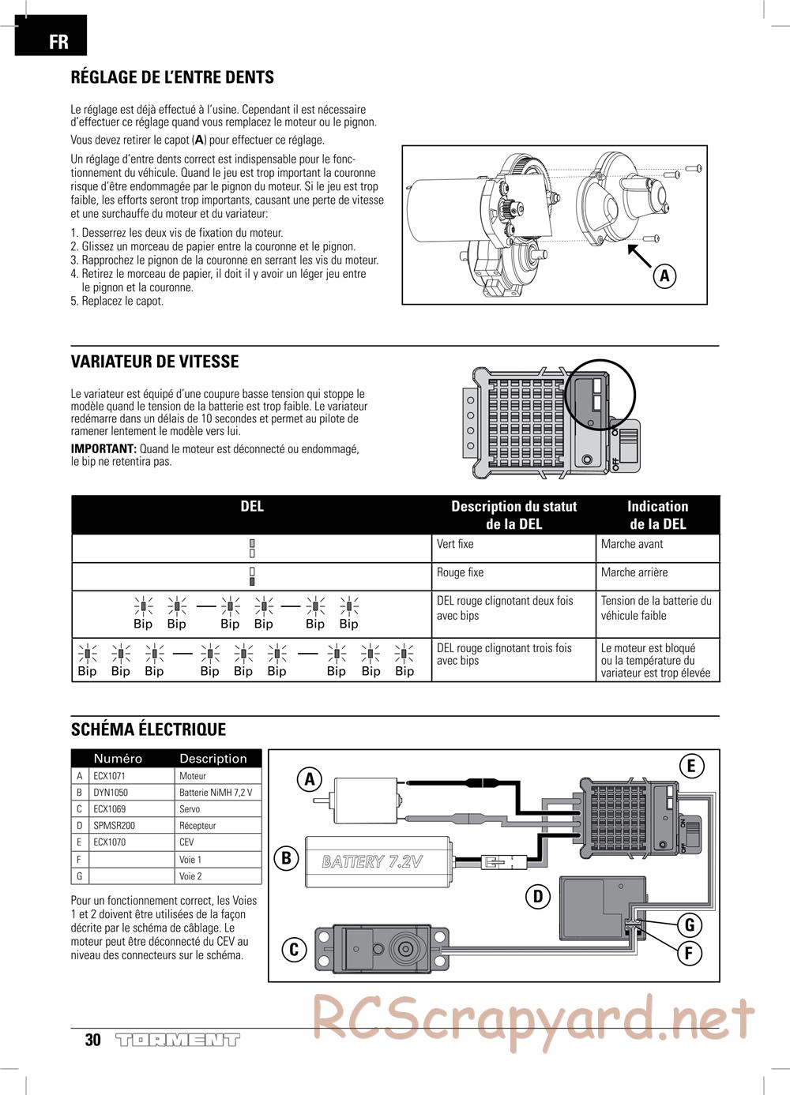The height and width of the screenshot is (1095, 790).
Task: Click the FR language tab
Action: click(51, 40)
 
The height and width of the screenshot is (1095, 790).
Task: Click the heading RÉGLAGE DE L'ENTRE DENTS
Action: click(172, 77)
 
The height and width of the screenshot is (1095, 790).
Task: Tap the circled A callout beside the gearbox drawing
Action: click(665, 276)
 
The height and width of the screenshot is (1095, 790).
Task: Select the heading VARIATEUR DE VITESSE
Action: click(155, 362)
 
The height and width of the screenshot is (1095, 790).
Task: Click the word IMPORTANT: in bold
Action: click(103, 449)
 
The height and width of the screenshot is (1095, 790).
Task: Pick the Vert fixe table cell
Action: click(455, 544)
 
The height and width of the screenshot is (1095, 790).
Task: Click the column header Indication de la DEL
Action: click(657, 515)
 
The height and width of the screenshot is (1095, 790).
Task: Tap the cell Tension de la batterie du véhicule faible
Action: click(656, 608)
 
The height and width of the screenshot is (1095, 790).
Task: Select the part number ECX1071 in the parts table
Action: click(110, 776)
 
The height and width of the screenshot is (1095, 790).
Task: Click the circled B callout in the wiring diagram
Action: click(287, 857)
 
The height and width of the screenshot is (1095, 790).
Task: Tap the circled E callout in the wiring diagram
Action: click(690, 765)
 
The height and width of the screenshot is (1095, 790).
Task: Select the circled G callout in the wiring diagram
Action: click(689, 925)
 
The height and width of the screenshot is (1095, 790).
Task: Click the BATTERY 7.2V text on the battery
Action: click(372, 861)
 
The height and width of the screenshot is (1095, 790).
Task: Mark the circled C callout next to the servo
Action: click(294, 949)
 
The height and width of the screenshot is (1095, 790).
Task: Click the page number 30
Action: click(92, 1040)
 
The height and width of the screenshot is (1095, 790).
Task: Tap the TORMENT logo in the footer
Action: click(177, 1040)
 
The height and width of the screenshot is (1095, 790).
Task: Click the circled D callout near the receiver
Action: click(538, 896)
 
